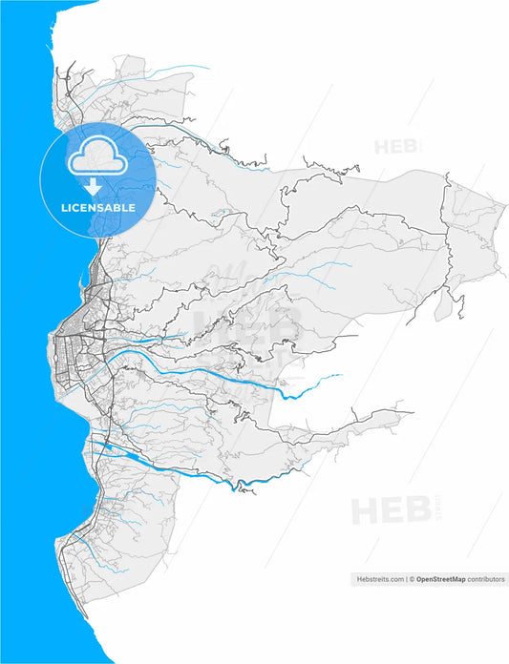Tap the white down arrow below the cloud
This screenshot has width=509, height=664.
pyautogui.click(x=97, y=186)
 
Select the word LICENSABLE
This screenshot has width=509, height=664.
pyautogui.click(x=97, y=207)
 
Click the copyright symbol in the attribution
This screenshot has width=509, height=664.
pyautogui.click(x=412, y=579)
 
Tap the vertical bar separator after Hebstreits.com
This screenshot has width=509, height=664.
pyautogui.click(x=405, y=579)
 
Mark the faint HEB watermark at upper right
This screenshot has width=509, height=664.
pyautogui.click(x=394, y=147)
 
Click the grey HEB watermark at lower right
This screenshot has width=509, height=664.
pyautogui.click(x=390, y=510)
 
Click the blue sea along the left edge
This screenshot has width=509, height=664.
pyautogui.click(x=24, y=382)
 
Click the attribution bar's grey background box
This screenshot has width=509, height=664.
pyautogui.click(x=429, y=579)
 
